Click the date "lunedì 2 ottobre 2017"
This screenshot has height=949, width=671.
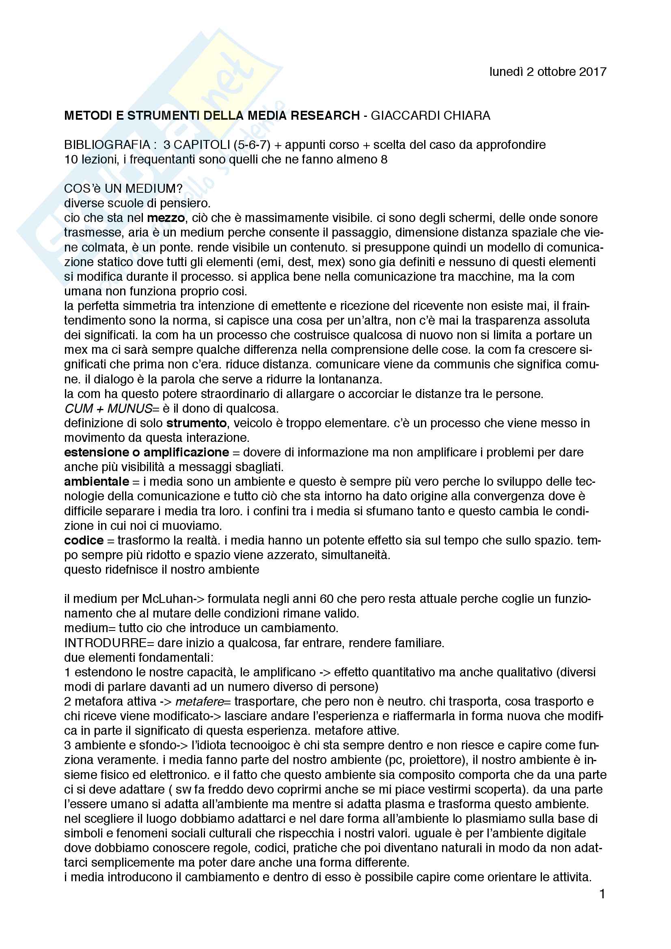(x=547, y=72)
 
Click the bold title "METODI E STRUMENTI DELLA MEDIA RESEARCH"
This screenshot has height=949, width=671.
(x=211, y=115)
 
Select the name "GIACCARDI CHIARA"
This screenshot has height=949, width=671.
(x=430, y=115)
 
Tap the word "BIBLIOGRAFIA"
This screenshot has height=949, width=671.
(x=107, y=145)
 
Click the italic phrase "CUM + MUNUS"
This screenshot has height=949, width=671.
(x=108, y=409)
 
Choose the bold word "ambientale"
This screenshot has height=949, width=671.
(x=96, y=482)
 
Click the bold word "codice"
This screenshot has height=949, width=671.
(x=84, y=540)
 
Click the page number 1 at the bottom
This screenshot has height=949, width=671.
(x=602, y=895)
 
